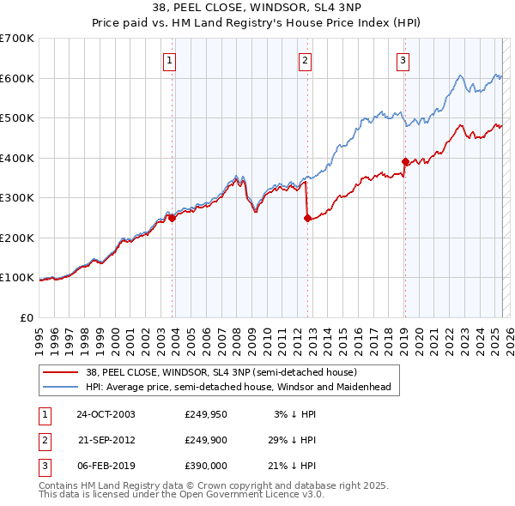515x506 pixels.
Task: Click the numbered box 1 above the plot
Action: click(170, 60)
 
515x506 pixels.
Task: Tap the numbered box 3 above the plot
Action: click(403, 60)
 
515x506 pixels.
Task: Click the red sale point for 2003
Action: click(173, 218)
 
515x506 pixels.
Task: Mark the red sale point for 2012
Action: click(307, 218)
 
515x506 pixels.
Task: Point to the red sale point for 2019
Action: click(405, 161)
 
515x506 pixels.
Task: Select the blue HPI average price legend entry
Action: click(238, 387)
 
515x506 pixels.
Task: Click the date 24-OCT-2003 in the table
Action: click(106, 414)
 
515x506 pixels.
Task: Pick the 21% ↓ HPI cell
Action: click(295, 466)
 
